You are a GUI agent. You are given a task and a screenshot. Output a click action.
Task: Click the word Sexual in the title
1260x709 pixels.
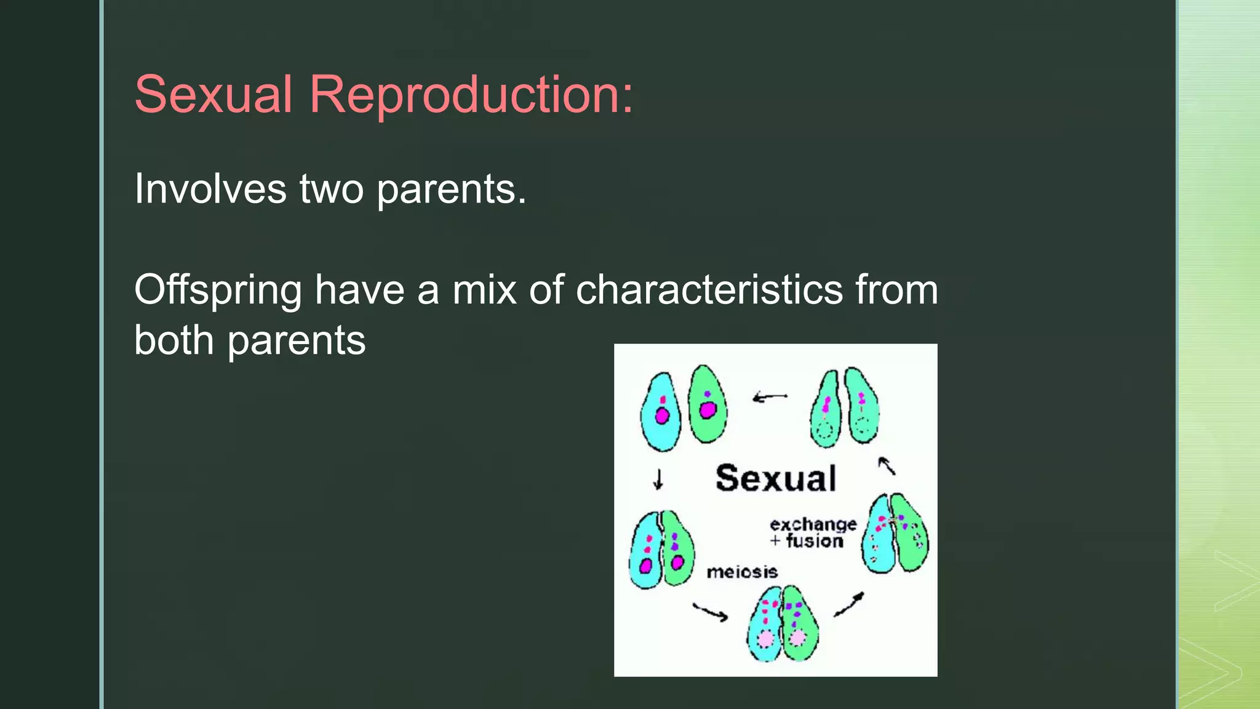coord(213,95)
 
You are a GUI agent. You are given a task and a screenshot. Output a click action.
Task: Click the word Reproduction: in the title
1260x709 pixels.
coord(471,95)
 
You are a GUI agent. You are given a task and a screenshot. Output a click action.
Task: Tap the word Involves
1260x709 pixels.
coord(210,189)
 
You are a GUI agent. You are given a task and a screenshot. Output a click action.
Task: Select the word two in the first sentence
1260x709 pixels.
coord(331,189)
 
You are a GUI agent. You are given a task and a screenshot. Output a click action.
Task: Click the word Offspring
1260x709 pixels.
coord(218,290)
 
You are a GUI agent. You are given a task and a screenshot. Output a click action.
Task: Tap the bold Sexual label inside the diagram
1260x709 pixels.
coord(776,478)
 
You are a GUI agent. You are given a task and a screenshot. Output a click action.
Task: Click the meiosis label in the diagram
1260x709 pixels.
coord(742,572)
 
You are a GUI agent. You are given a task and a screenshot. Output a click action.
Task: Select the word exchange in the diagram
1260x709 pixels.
coord(813,524)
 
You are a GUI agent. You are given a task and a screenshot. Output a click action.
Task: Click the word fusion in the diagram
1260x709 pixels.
coord(815,541)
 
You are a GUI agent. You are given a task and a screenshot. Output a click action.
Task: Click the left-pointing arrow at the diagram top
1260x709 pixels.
coord(770,397)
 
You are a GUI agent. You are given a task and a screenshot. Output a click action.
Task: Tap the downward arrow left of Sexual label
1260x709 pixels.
coord(658,479)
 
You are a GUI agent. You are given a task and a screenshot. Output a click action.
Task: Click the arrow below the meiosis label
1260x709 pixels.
coord(711,612)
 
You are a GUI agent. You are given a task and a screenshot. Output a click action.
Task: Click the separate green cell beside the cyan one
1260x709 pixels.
coord(707,404)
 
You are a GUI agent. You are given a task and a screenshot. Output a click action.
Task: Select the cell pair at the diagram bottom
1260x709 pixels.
coord(783,623)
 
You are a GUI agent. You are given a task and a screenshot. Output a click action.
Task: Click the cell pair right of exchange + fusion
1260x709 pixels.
coord(896,532)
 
